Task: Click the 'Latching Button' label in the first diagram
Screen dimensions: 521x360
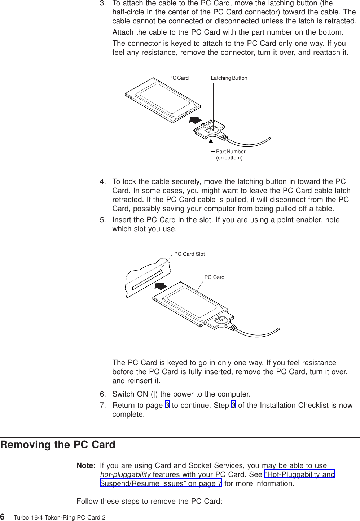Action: pos(229,78)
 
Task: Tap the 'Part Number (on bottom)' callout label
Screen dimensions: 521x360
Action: pos(231,154)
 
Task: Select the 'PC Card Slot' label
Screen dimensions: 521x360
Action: pos(189,254)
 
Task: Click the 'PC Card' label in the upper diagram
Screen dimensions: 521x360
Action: pos(179,78)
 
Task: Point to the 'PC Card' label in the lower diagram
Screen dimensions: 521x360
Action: pos(214,277)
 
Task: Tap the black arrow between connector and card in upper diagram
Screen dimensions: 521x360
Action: pos(195,120)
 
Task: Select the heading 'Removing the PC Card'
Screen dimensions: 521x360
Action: pos(58,445)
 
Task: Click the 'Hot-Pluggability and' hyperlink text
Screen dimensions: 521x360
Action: pos(300,474)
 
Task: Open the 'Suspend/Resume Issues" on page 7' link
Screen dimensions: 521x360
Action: pos(161,483)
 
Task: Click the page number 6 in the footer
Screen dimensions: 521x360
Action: pos(3,517)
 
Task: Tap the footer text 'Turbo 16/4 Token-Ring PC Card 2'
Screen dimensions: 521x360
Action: pos(60,517)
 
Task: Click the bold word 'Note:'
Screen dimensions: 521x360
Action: pos(86,465)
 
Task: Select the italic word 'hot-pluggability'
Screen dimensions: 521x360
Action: pos(125,474)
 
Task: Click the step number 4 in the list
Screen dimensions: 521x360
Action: pos(102,181)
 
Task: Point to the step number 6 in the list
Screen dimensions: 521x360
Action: pos(102,394)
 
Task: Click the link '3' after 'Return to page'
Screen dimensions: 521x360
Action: pos(167,405)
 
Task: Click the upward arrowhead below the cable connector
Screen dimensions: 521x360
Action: pos(211,141)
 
